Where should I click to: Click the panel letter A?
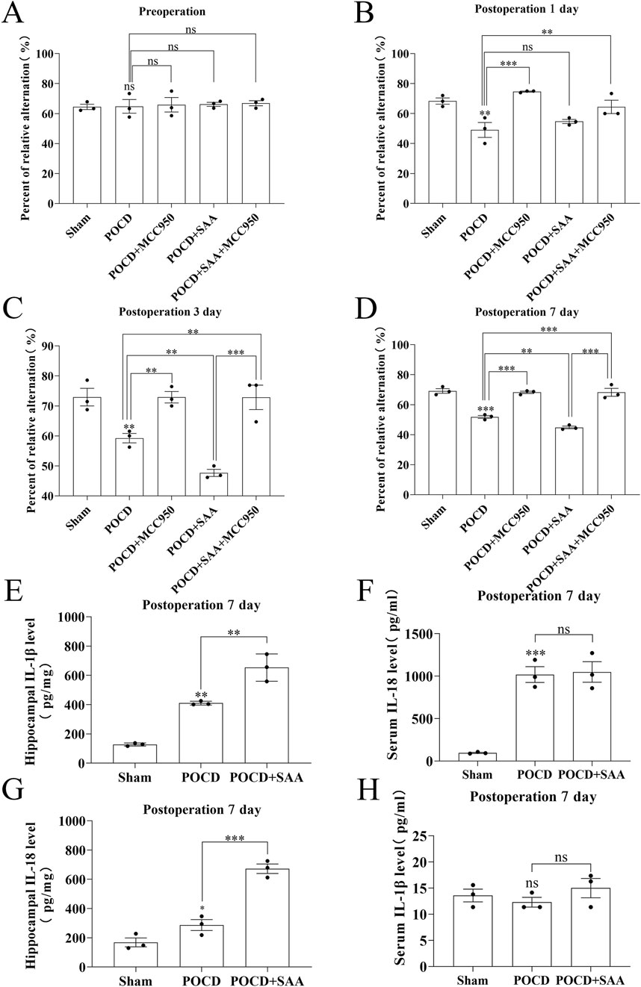tap(14, 13)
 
